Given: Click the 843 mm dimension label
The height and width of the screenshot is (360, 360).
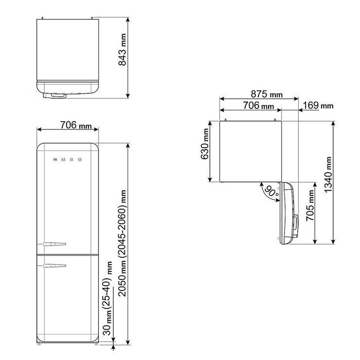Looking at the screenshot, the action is [122, 50].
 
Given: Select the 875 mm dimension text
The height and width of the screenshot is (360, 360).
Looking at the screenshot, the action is [267, 94].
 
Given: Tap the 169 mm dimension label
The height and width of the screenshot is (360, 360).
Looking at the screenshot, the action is [318, 106].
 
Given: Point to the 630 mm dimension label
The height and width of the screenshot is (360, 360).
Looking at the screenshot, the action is [204, 144].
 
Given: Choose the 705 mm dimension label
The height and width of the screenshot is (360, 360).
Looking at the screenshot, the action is [310, 205].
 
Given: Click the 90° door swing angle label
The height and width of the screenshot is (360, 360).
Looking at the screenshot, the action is [272, 191].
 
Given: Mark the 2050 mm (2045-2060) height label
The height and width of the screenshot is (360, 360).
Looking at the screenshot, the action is [122, 243].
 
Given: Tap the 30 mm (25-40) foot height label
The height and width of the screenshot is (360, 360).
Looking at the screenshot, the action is [108, 298].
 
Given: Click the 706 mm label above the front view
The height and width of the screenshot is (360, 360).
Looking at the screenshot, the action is [76, 125].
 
